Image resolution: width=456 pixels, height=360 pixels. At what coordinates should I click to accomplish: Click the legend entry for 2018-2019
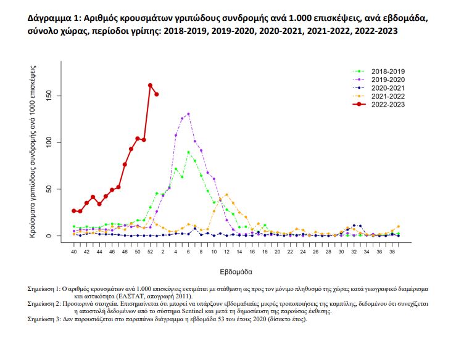388,71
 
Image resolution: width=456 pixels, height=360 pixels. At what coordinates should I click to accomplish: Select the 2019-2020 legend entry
388,80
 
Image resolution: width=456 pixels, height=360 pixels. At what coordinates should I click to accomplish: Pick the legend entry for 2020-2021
388,88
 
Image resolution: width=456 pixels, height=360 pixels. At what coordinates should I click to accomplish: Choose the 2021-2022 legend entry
388,96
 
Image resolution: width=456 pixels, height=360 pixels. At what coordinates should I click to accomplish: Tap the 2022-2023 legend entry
388,105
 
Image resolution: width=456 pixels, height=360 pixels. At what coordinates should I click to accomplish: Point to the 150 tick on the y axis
57,96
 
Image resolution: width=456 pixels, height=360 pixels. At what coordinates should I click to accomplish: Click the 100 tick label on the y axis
57,143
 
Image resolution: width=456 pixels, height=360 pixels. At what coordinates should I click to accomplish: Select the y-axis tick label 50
57,189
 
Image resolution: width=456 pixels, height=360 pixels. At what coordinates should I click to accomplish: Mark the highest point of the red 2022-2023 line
150,85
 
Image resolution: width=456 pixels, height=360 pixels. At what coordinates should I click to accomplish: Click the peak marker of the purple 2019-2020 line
188,114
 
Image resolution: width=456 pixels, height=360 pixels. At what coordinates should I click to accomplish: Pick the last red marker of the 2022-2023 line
157,94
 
